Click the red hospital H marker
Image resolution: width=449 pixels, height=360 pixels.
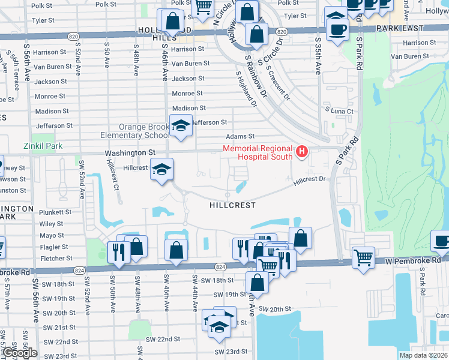[x=302, y=152]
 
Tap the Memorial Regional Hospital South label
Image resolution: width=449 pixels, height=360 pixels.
[x=258, y=152]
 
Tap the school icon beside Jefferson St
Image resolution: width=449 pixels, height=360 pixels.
[x=181, y=125]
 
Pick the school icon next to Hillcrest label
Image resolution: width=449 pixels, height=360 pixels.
[x=161, y=170]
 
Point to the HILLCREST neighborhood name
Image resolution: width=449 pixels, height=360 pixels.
[x=233, y=205]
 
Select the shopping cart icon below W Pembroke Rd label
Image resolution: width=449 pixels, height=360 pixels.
[x=363, y=259]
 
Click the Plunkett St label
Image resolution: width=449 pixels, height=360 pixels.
[x=55, y=212]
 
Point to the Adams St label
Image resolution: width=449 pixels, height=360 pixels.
[x=240, y=137]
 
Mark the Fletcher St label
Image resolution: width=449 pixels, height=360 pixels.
[x=56, y=259]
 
